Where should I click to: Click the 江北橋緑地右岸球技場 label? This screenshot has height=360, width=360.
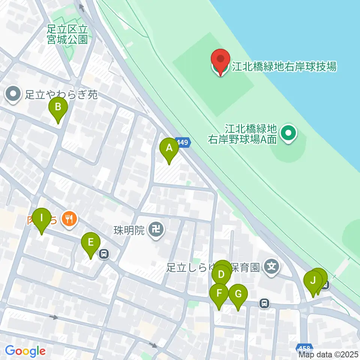(284, 67)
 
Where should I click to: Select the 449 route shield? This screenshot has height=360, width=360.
(182, 142)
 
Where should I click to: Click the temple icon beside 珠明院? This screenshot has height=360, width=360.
(155, 229)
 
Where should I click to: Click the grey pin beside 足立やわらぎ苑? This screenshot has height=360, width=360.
(14, 94)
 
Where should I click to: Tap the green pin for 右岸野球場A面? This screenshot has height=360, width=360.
(289, 133)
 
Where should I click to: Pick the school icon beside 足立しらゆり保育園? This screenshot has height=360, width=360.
(271, 267)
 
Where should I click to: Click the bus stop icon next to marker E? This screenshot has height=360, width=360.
(104, 255)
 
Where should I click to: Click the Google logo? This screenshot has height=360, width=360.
(25, 351)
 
